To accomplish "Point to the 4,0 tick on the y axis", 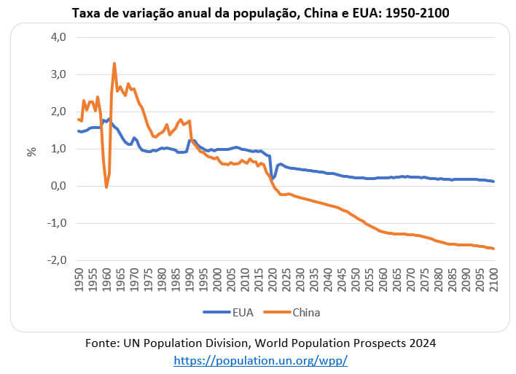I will coord(56,37).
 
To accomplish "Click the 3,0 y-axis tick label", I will coord(56,74).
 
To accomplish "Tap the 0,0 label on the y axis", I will coord(56,186).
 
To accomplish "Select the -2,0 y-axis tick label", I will coord(55,260).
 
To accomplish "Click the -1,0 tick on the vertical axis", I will coord(55,223).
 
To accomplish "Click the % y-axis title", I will coord(31,152).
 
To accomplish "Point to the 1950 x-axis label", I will coord(78,280).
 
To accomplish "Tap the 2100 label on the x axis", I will coord(493,280).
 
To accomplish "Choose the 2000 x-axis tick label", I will coord(216,280).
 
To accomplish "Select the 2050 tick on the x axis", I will coord(355,280).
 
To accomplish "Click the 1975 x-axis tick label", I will coord(147,280).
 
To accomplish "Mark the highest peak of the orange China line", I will coord(114,63).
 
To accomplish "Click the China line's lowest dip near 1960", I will coord(106,187).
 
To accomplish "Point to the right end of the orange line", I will coord(493,249).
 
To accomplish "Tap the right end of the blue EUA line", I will coord(493,182).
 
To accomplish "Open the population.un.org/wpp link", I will coord(261,360).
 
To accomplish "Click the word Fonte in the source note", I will coord(102,343).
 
